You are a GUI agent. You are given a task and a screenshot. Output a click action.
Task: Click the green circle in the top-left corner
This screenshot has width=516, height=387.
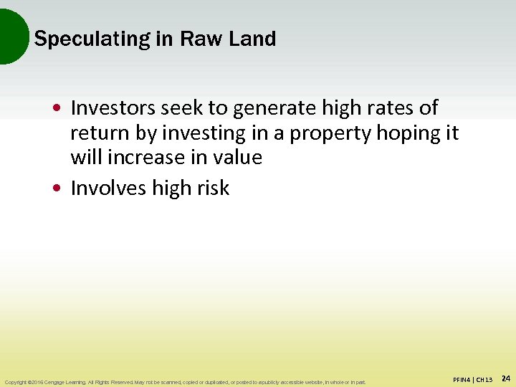pos(11,36)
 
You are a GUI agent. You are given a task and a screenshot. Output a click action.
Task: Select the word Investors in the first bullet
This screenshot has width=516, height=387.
pos(115,108)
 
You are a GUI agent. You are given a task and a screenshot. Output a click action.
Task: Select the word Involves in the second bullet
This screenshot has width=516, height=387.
pos(109,188)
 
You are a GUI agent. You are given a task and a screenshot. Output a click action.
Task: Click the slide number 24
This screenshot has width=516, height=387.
pos(505,378)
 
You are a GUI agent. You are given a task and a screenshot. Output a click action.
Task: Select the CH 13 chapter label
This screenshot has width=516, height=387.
pos(484,378)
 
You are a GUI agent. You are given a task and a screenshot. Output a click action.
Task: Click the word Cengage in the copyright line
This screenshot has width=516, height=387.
pos(61,382)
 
